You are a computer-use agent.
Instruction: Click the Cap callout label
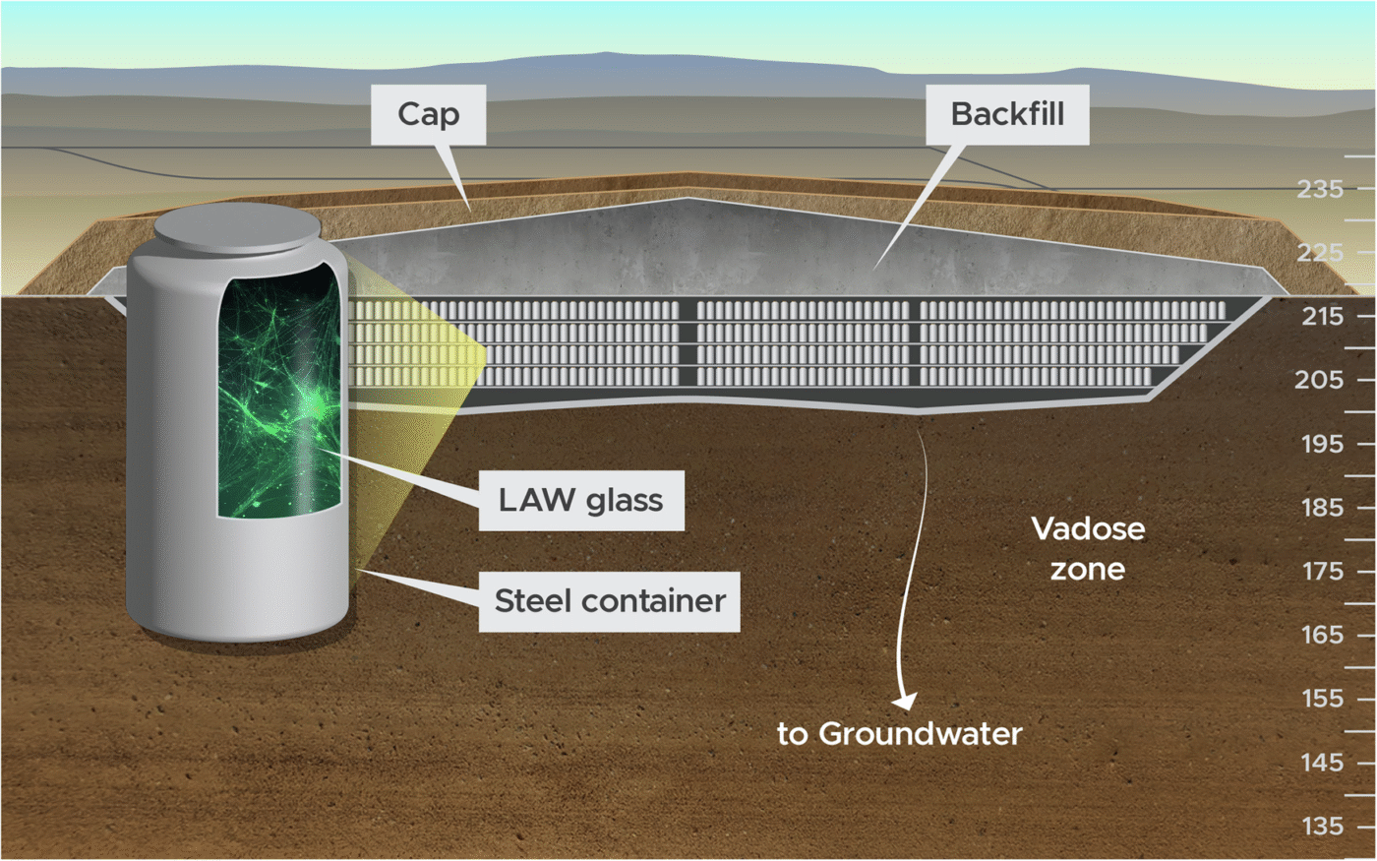coord(428,114)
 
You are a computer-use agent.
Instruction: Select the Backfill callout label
coord(1007,114)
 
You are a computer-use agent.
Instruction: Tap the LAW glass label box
coord(580,500)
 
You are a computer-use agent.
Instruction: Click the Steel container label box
coord(610,600)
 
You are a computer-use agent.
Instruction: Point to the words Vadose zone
coord(1088,548)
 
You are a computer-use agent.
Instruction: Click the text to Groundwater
coord(899,733)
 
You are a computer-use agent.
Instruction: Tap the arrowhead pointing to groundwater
coord(904,701)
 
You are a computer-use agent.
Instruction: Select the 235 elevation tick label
coord(1319,189)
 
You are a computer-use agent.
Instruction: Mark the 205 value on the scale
coord(1319,380)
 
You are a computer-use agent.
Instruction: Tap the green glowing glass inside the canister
coord(280,394)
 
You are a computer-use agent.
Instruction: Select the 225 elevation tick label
coord(1319,253)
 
